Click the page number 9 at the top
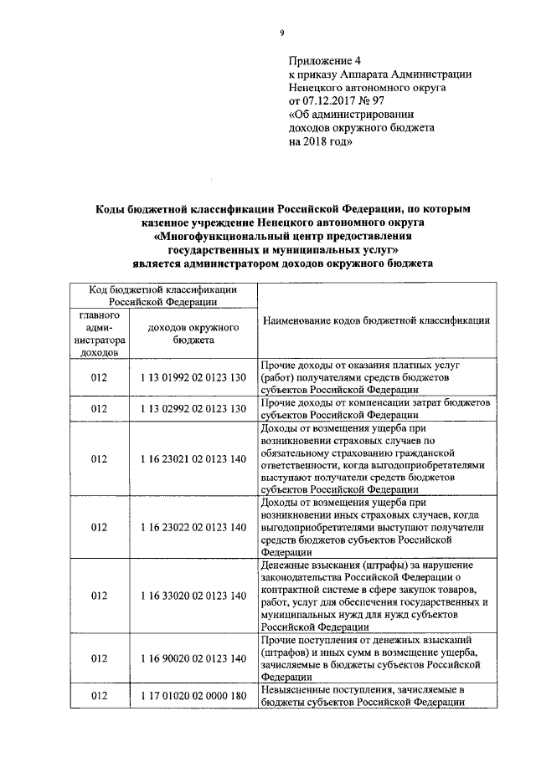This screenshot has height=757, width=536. click(282, 33)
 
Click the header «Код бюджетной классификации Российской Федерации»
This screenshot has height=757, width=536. click(163, 295)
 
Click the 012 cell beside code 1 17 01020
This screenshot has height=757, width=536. click(100, 696)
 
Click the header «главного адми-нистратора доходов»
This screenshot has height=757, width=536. click(100, 334)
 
